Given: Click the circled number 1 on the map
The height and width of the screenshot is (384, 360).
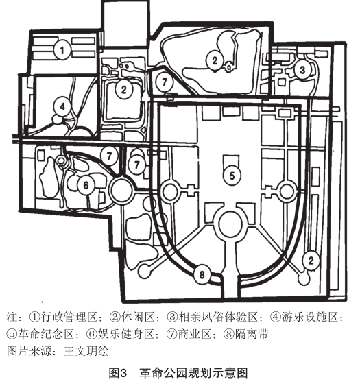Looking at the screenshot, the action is coord(62,50).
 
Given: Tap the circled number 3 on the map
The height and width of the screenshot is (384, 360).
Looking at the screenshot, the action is coord(302,69).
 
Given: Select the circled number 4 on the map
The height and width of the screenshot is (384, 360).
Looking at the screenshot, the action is coord(62,107).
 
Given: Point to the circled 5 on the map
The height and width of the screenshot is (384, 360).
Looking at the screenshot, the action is coord(232,176).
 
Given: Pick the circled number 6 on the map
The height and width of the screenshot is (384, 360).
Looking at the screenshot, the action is coord(86,185).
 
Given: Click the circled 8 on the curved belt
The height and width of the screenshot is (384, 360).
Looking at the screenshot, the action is coord(202,274).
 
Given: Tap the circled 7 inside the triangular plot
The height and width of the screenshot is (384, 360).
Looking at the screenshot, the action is coord(165,82).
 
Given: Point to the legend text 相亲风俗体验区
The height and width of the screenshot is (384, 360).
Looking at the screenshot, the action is coord(218,317).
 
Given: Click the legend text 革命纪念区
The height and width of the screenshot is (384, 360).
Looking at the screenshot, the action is coord(45,333).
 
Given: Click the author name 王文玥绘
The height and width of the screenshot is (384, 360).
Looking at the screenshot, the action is coord(86,351).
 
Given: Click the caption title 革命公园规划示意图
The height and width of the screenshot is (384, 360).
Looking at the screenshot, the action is coord(193,373).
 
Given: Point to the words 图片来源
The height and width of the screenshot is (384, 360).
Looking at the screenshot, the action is coord(29,351).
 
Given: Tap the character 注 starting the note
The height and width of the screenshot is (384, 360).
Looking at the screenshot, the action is coord(12,317).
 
